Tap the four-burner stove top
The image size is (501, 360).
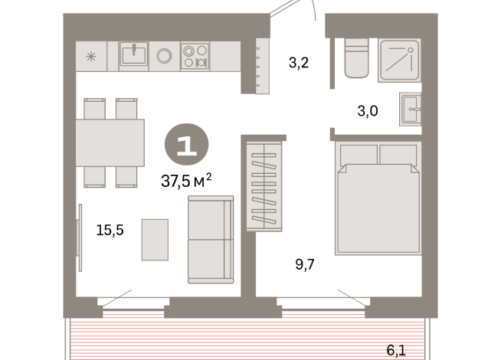[x=195, y=56]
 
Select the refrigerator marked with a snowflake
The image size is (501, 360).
[x=91, y=56]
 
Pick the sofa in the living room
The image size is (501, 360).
[x=210, y=239]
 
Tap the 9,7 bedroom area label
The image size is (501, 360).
[x=304, y=265]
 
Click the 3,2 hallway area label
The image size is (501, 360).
[x=299, y=63]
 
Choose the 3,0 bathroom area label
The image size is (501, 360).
[x=368, y=110]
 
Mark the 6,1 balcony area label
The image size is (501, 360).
[x=396, y=350]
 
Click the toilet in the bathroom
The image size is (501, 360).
[x=356, y=59]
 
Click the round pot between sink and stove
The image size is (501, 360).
[x=164, y=55]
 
